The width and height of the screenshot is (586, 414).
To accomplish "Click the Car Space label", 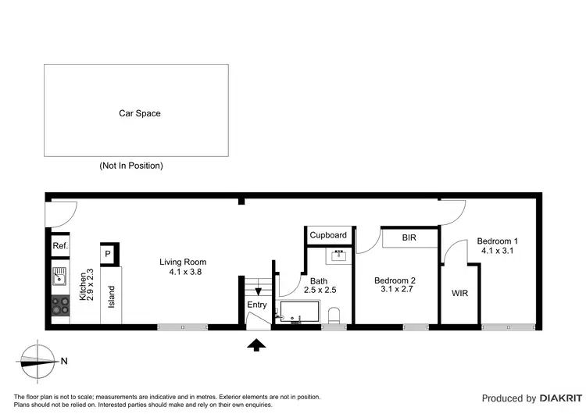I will tap(140, 113).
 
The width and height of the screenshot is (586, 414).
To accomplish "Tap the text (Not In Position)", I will tap(131, 166).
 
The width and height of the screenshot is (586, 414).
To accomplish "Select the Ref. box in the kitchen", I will tap(60, 246).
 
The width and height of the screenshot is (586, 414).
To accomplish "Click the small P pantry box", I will tap(107, 253).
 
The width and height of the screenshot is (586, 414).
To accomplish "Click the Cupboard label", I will tap(328, 235).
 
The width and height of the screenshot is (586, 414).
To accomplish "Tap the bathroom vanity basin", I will tap(339, 255).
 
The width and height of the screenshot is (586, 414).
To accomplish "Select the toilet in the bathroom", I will tap(334, 314).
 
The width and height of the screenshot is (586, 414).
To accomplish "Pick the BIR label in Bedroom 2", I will tap(409, 237).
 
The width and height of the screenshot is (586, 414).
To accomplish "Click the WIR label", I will tap(460, 294).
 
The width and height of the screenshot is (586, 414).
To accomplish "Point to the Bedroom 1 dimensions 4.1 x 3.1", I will tap(498, 251).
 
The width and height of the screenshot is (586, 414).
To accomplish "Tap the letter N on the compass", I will tap(64, 361).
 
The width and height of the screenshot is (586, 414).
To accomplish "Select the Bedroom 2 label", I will tap(395, 280).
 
